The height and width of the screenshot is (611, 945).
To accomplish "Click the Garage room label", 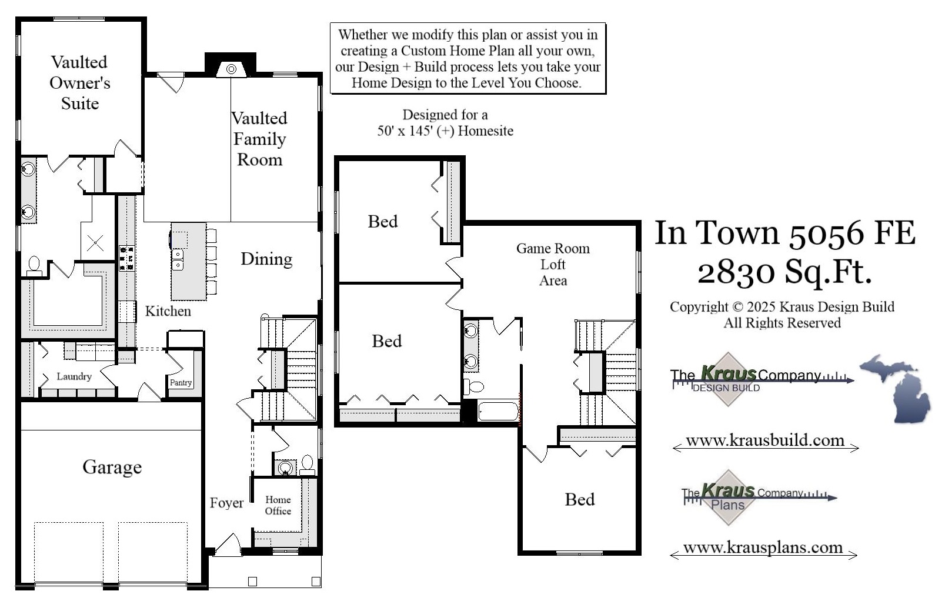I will (112, 467).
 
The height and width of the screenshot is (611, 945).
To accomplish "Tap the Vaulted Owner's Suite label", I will (79, 83).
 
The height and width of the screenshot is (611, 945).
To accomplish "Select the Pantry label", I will (181, 382).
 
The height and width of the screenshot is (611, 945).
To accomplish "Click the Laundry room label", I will (74, 376).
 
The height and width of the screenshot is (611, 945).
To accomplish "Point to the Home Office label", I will (278, 506).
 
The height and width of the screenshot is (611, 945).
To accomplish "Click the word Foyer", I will (226, 503).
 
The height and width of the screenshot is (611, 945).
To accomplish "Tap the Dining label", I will (266, 259).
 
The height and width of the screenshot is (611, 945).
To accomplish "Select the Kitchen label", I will (168, 311).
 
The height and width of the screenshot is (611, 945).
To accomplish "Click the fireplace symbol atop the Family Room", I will (231, 69).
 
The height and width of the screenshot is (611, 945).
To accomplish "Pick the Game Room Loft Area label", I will (553, 265).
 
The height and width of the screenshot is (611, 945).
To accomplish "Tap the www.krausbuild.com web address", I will (765, 440).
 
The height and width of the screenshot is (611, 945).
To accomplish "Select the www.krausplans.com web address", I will (763, 547).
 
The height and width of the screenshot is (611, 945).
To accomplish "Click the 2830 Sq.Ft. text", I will (784, 272).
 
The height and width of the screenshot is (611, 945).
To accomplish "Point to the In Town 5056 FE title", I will (785, 233).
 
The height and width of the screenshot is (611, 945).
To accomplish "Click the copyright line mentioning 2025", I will (782, 307).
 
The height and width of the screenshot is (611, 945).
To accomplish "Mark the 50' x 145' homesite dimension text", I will (445, 131).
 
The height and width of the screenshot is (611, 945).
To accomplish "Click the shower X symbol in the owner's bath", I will (96, 242).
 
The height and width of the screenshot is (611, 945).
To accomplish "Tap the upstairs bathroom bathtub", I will (497, 411).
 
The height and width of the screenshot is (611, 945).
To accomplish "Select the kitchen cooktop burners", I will (126, 258).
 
